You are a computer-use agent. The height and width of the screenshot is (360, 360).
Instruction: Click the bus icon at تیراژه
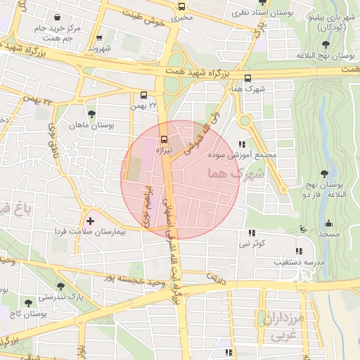(x=164, y=139)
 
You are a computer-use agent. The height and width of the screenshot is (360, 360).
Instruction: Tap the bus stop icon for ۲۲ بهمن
(x=144, y=95)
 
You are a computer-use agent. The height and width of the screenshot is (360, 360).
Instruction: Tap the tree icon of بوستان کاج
(x=28, y=303)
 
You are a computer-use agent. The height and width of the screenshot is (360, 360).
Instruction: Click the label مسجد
(x=330, y=233)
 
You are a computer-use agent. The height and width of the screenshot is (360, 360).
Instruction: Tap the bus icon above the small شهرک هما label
(x=247, y=79)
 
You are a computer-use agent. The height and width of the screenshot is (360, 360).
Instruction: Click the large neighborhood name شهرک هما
(x=234, y=172)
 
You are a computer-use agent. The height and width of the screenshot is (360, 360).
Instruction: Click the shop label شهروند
(x=101, y=49)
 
